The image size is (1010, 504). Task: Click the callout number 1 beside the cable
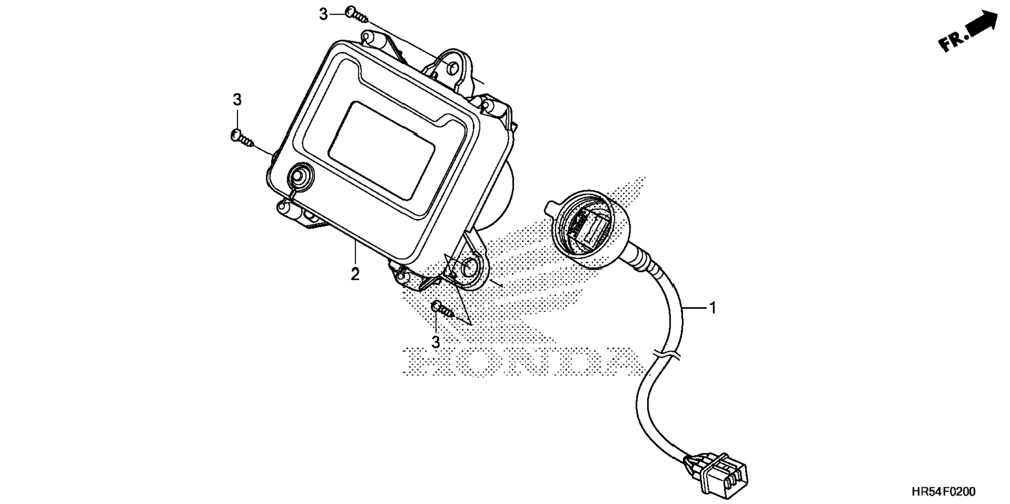click(712, 308)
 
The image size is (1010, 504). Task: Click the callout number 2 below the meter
click(355, 274)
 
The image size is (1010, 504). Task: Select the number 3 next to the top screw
click(324, 15)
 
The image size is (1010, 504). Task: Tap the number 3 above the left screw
click(237, 99)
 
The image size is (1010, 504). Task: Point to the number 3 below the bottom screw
click(436, 342)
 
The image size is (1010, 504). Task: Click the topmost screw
click(357, 15)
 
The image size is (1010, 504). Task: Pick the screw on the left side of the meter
click(241, 138)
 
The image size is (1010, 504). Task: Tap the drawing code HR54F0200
click(943, 492)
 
